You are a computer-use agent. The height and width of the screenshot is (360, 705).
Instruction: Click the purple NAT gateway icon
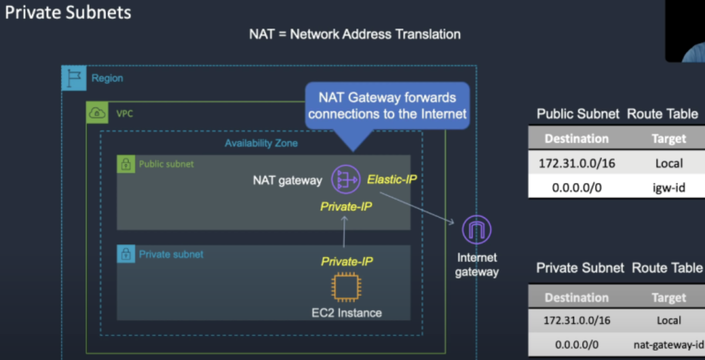click(x=345, y=179)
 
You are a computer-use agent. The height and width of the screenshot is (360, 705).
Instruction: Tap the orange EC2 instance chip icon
click(x=346, y=287)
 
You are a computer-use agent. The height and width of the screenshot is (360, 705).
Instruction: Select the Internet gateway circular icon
click(x=476, y=230)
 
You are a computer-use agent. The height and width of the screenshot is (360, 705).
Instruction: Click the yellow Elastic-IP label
click(x=392, y=179)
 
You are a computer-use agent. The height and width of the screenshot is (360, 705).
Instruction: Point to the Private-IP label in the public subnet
click(x=346, y=207)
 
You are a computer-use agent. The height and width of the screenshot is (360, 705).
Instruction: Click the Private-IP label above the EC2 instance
click(x=347, y=262)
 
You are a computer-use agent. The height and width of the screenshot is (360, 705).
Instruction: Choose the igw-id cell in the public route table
click(x=669, y=188)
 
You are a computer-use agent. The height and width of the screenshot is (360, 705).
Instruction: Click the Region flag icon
click(x=74, y=79)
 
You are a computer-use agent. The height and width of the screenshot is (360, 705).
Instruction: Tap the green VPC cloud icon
click(x=97, y=113)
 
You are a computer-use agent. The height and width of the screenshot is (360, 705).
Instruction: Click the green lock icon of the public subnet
click(x=125, y=164)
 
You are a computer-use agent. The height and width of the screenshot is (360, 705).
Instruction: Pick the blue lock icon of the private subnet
click(x=125, y=254)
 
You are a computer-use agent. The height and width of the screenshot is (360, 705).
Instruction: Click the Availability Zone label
click(x=261, y=143)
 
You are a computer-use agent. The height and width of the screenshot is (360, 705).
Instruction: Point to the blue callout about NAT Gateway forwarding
click(x=387, y=106)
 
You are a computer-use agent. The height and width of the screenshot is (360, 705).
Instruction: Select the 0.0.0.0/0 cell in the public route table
click(x=576, y=188)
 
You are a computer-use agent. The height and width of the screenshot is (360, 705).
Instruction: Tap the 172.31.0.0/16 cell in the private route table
click(x=576, y=321)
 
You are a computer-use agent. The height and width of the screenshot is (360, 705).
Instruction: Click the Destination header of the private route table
click(x=576, y=297)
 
